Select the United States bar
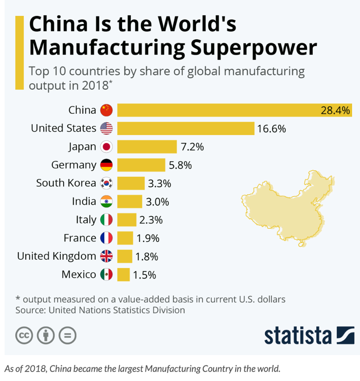click(x=186, y=128)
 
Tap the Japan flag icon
click(x=106, y=147)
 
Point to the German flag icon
click(x=106, y=165)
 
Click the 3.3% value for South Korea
click(x=160, y=183)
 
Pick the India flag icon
click(x=106, y=201)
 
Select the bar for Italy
click(x=127, y=220)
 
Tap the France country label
click(x=80, y=238)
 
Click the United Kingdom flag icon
click(x=106, y=256)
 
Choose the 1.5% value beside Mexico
click(x=144, y=274)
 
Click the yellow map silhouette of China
click(x=283, y=207)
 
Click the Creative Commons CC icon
click(x=25, y=335)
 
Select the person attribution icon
click(x=46, y=335)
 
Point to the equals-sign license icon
click(x=67, y=335)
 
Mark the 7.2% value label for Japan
click(x=192, y=147)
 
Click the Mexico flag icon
click(x=106, y=274)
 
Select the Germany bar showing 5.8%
click(x=141, y=165)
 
